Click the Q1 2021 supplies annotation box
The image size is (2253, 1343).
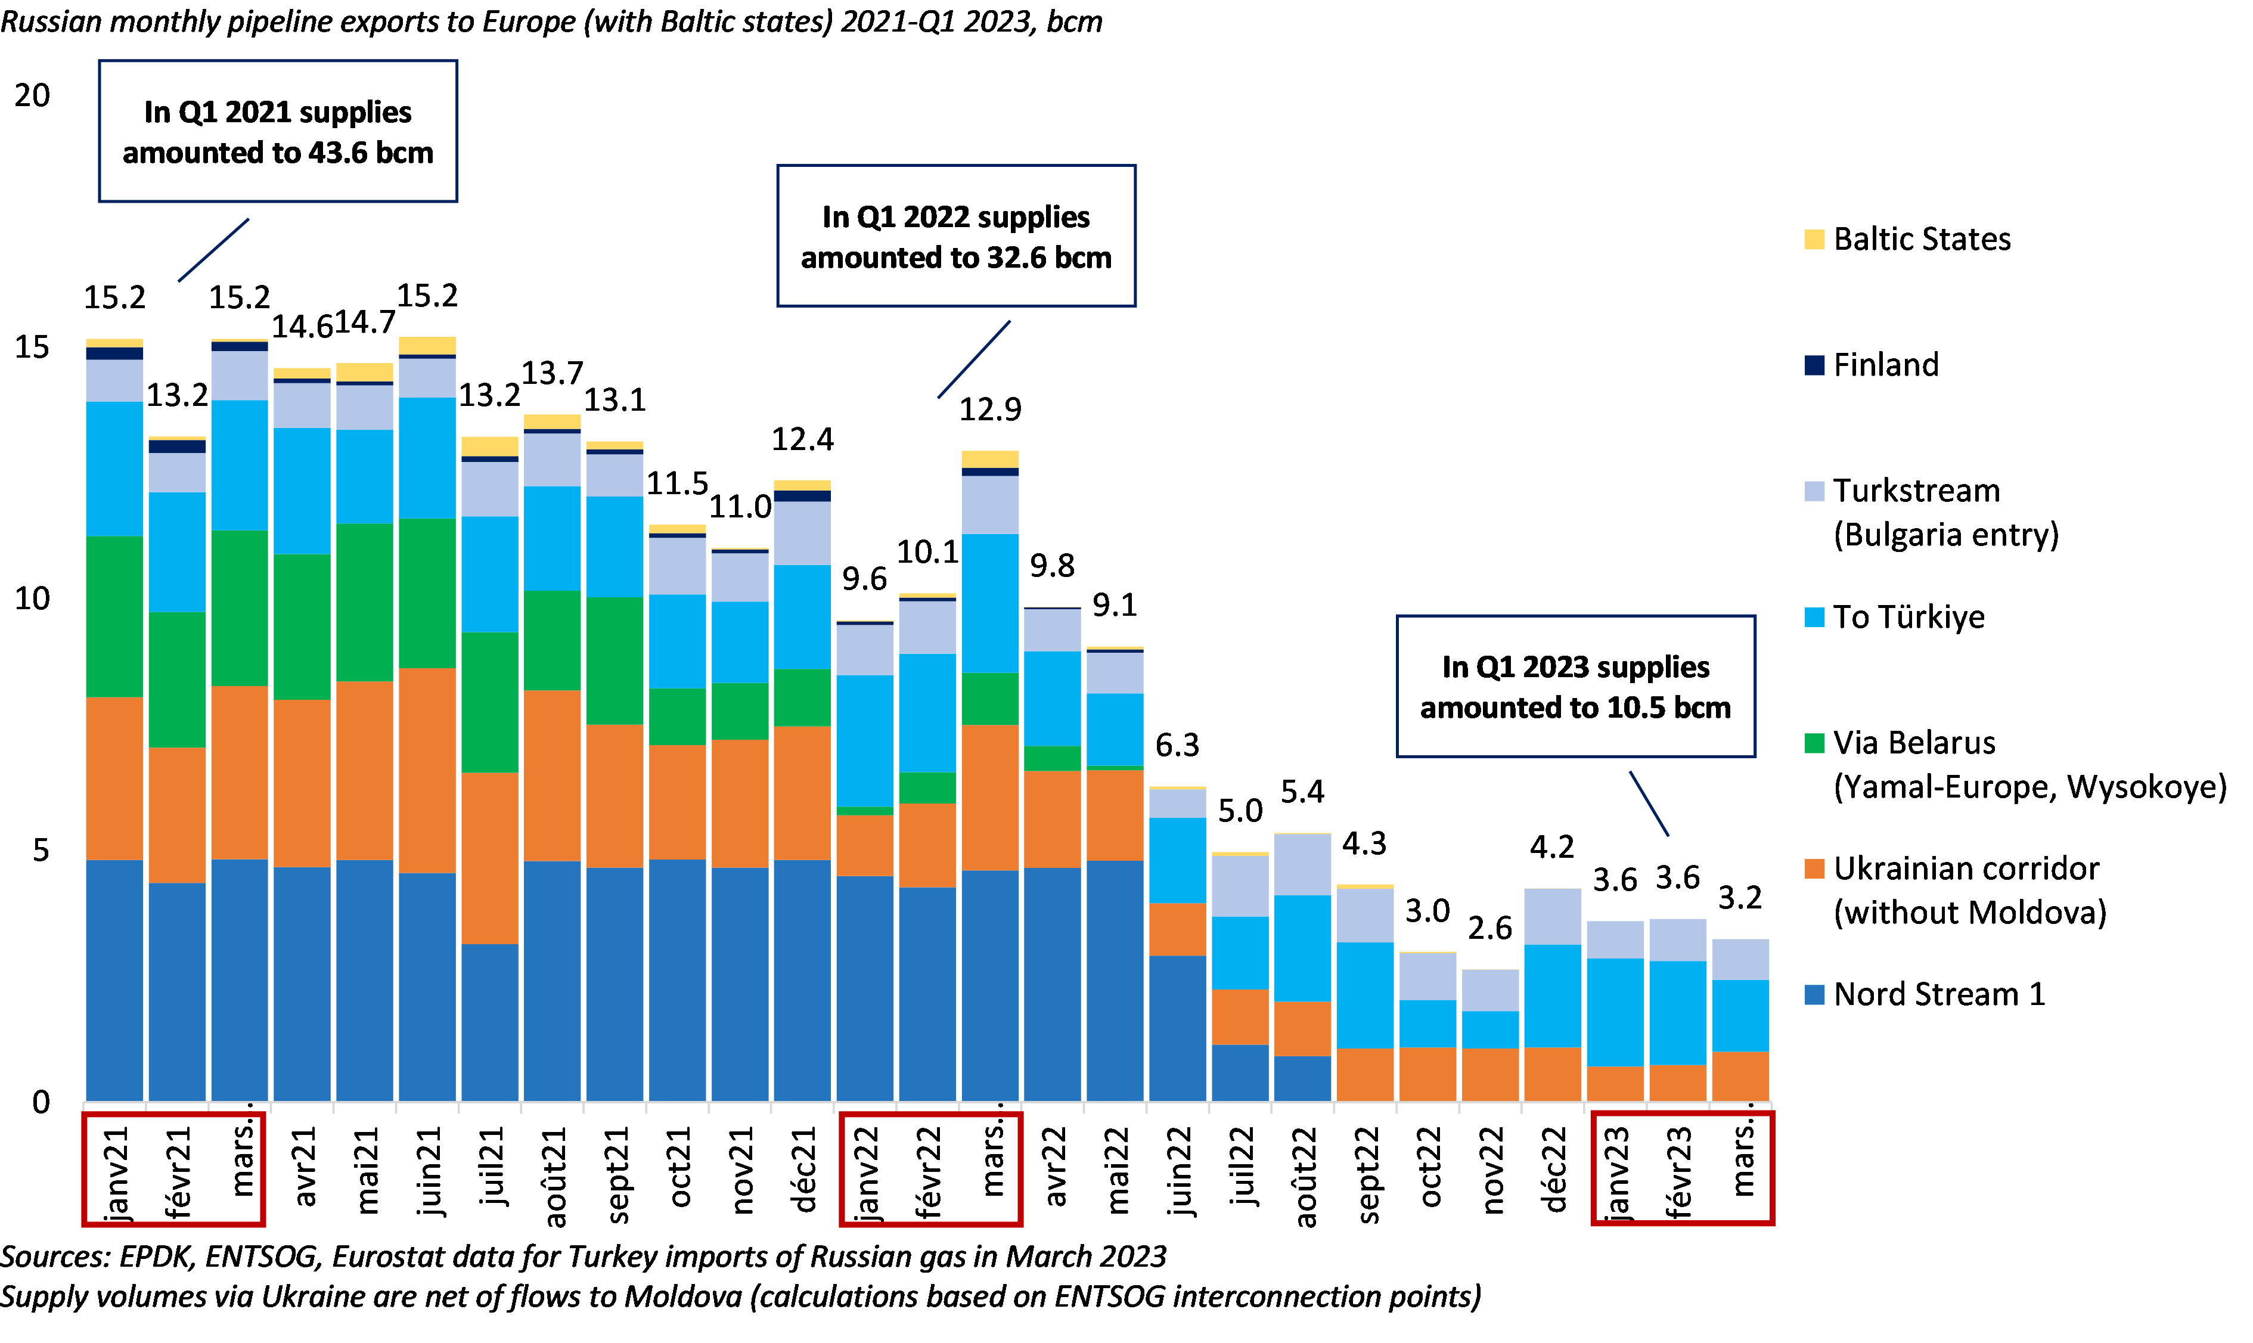click(278, 131)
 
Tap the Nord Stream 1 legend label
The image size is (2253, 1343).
click(1939, 994)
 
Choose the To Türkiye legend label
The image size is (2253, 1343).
click(1908, 617)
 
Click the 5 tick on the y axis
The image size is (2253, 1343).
click(41, 851)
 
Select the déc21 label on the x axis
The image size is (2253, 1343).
click(803, 1170)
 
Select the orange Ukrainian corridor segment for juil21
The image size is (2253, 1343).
click(489, 858)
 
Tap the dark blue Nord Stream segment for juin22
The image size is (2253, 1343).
click(1177, 1028)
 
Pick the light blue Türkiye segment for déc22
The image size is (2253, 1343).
click(1553, 995)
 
